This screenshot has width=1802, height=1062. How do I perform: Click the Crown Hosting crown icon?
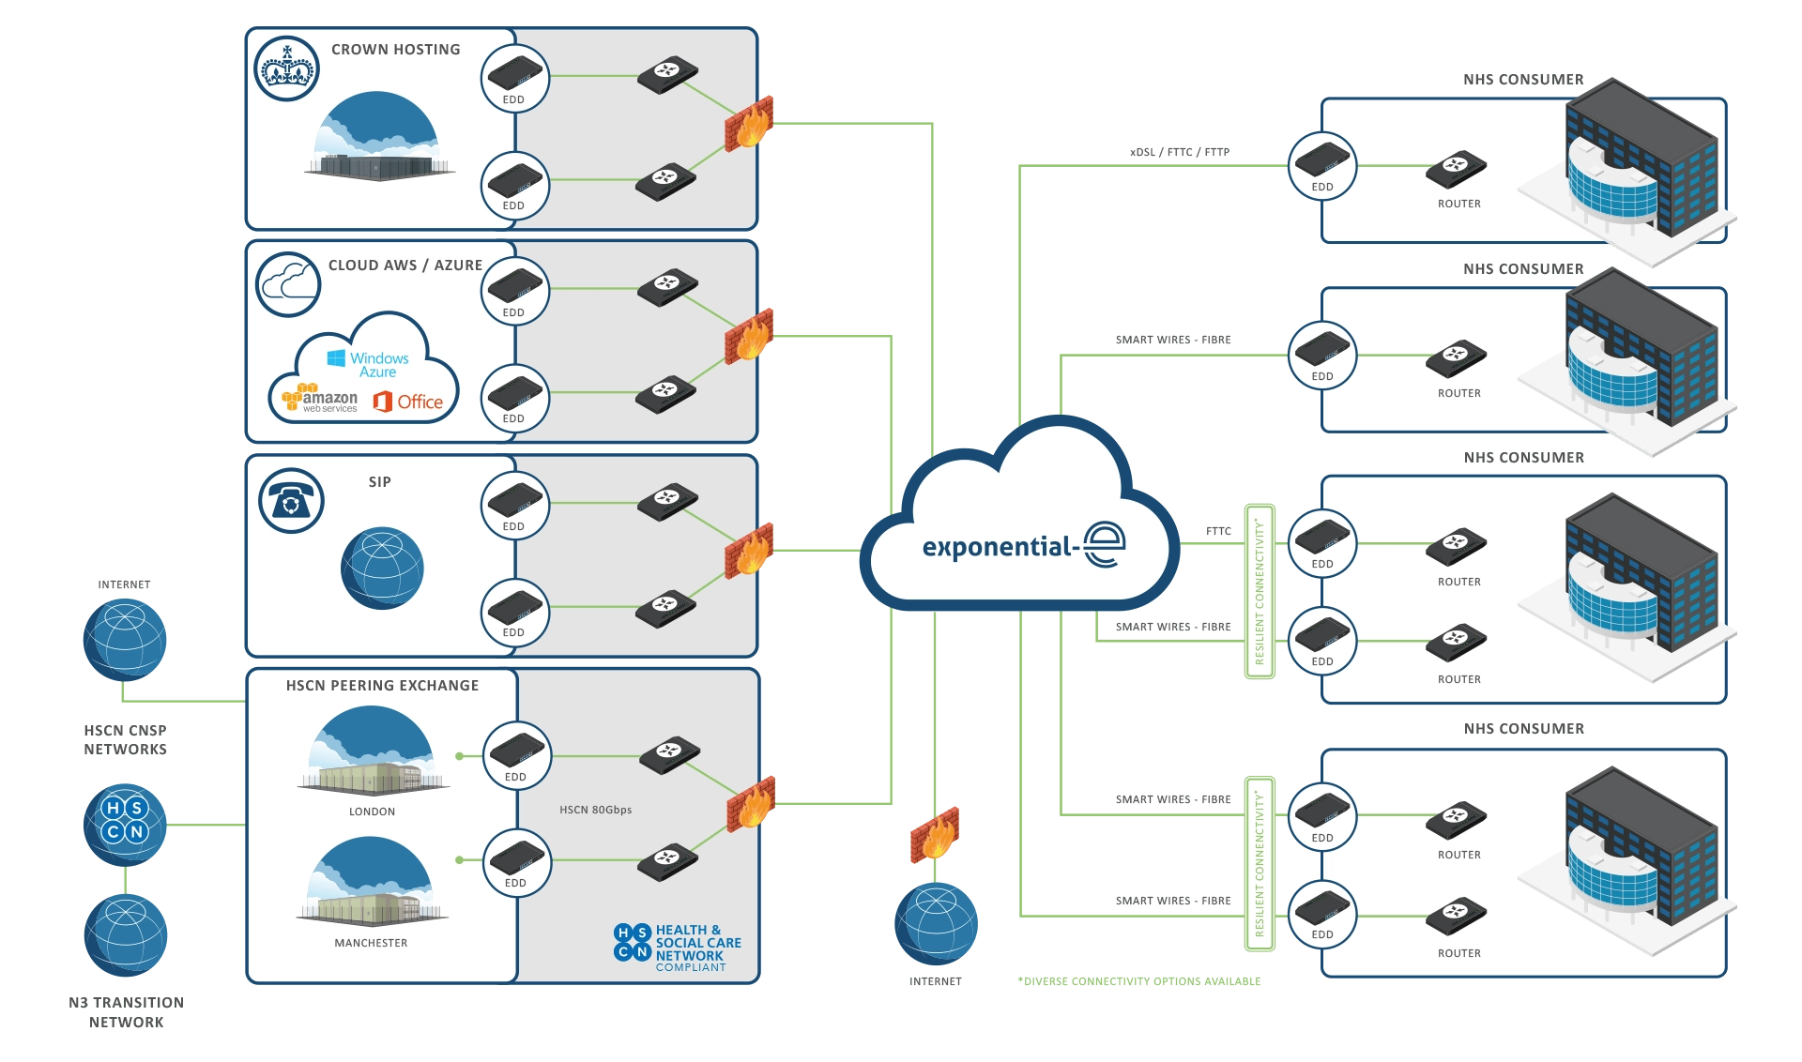(286, 69)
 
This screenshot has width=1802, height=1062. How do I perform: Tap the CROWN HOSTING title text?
(395, 50)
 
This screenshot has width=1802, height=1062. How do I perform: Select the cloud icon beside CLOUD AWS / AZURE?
(288, 283)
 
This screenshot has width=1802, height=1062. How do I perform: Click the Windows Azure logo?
(369, 364)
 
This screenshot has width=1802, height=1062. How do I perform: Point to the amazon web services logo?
(320, 400)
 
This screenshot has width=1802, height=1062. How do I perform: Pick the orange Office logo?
(408, 402)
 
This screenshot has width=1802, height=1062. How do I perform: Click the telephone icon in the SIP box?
(291, 500)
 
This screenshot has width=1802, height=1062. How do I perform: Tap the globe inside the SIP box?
(382, 569)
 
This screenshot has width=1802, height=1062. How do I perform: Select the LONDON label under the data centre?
(372, 812)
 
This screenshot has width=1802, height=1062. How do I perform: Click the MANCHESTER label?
(371, 943)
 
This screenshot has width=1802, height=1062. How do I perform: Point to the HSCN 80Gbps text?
(595, 810)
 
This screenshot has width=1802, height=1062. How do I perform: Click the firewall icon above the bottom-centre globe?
(934, 834)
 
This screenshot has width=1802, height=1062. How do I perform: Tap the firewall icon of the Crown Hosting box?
(749, 123)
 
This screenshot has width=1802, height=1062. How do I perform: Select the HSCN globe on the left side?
(125, 824)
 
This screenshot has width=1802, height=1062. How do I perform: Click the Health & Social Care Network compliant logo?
(678, 948)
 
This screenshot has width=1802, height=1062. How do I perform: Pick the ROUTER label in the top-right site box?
(1458, 204)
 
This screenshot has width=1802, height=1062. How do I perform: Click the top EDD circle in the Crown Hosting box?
(514, 78)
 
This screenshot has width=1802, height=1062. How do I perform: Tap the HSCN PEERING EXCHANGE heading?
(382, 686)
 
